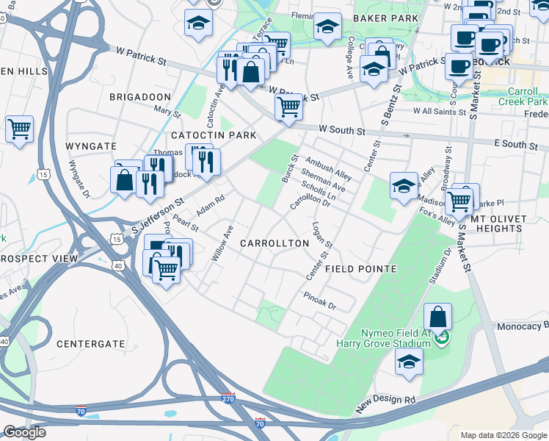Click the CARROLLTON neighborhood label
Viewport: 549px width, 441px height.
click(x=270, y=243)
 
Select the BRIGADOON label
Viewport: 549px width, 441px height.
click(x=139, y=97)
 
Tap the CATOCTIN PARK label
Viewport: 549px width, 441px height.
click(x=214, y=135)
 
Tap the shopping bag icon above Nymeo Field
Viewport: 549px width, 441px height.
click(x=437, y=318)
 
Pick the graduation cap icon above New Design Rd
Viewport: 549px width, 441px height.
click(x=409, y=362)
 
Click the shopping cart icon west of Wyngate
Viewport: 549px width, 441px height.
click(x=19, y=129)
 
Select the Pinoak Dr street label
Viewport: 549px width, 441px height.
click(x=319, y=300)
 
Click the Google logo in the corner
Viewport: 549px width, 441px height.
click(x=24, y=431)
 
